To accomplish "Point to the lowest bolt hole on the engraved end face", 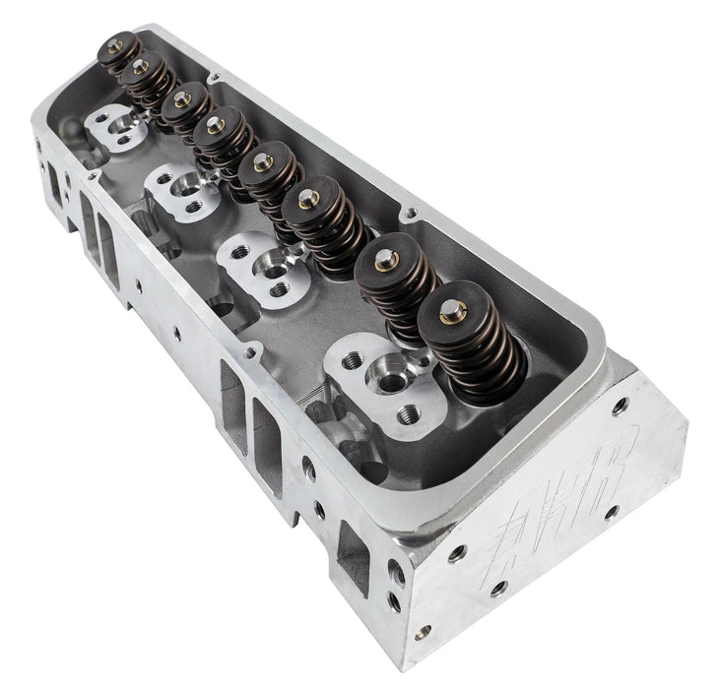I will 423,631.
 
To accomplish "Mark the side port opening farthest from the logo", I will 52,181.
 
